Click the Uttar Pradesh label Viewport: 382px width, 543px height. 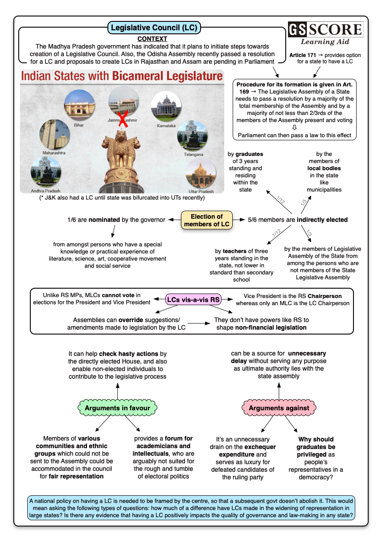(201, 191)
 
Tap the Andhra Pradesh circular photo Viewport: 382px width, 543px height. (45, 171)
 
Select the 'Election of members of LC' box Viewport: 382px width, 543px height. (207, 220)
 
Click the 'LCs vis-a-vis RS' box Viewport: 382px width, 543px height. (193, 300)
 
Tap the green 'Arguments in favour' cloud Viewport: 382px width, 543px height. (117, 408)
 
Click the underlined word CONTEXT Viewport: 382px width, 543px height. (152, 39)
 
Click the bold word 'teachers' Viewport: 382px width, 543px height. (234, 251)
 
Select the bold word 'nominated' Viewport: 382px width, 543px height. (104, 220)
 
